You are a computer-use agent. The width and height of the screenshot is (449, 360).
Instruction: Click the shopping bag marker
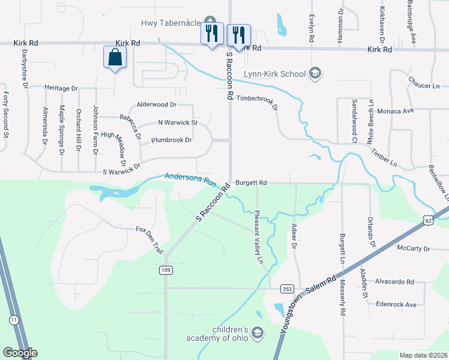coord(115,58)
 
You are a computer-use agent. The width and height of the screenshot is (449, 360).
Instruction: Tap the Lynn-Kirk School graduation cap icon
coord(314,74)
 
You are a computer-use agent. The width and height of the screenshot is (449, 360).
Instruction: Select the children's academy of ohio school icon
coord(257,332)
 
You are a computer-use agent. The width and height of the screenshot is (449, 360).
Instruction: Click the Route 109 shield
coord(166,271)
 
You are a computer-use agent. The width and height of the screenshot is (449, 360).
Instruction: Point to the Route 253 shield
coord(286,289)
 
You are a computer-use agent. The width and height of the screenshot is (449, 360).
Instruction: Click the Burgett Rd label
coord(251,182)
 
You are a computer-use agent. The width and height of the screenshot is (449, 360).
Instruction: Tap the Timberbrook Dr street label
coord(258,102)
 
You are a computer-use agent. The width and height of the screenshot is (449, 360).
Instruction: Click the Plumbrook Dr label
coord(171,140)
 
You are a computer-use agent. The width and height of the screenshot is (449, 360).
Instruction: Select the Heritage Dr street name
coord(61,88)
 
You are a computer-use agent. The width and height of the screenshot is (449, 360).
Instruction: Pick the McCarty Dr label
coord(414,248)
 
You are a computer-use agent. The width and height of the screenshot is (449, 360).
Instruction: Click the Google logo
coord(20,353)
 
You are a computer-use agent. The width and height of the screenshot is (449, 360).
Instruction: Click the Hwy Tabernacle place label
coord(170,23)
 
